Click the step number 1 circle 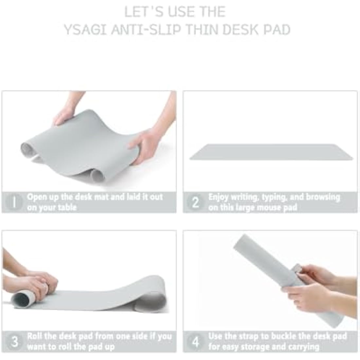tap(14, 202)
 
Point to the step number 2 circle tap(195, 202)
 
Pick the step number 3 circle tap(15, 341)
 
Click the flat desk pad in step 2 tap(272, 152)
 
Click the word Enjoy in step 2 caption tap(218, 197)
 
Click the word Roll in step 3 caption tap(34, 336)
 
